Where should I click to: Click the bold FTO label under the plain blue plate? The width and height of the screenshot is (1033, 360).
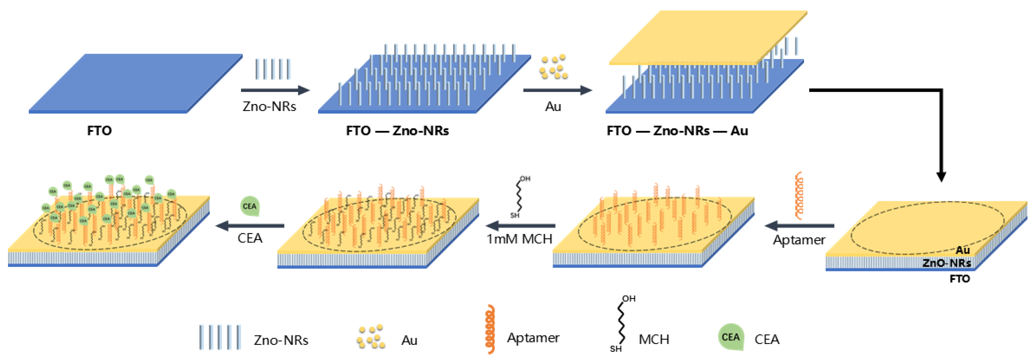coord(99,131)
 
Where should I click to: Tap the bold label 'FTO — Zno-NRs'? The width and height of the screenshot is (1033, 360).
coord(397,131)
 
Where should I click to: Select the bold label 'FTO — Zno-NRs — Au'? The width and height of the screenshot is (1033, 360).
coord(677,131)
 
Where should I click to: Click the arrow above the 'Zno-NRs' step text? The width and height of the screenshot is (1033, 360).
coord(275,90)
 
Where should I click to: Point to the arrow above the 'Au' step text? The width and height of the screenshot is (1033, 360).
coord(557,90)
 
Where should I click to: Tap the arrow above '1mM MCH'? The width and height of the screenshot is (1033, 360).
coord(521,226)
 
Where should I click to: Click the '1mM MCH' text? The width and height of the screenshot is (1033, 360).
coord(519,239)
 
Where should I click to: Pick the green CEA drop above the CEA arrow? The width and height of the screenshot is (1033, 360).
coord(249,206)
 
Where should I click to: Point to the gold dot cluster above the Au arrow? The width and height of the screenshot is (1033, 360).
coord(553,67)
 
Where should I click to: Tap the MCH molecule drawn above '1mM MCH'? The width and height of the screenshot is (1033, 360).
coord(520,196)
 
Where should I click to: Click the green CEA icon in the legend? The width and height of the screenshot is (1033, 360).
coord(731,337)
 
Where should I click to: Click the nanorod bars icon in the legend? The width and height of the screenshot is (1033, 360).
coord(220,337)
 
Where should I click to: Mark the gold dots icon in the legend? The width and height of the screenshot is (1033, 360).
coord(371,337)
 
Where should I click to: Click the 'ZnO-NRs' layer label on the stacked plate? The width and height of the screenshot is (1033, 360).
coord(946,263)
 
